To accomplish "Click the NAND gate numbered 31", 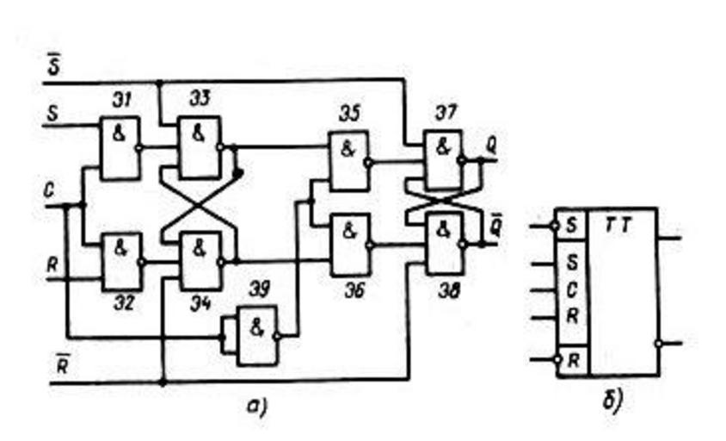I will pos(120,147).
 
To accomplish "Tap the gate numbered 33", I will pos(198,147).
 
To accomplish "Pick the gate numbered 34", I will pos(198,260).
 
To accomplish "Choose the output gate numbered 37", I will pos(442,159).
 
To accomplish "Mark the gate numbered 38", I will pos(442,245).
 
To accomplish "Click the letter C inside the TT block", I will pos(571,289).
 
